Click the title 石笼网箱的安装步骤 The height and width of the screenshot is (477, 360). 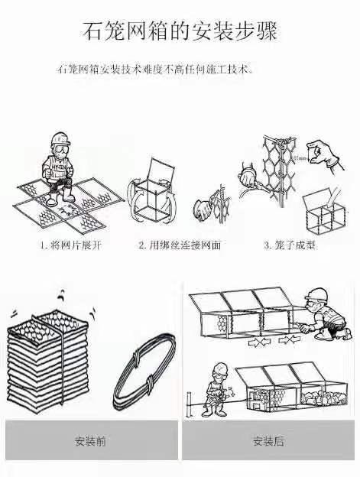(x=180, y=31)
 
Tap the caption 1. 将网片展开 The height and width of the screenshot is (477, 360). (x=70, y=245)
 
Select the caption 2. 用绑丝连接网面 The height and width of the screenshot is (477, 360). (x=180, y=245)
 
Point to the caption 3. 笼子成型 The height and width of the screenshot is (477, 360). (x=290, y=245)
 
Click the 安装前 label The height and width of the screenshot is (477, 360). (x=90, y=441)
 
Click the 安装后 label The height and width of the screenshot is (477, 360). (x=268, y=441)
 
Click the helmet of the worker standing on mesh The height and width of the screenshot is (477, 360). (x=61, y=138)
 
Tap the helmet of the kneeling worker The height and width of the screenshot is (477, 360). (x=317, y=294)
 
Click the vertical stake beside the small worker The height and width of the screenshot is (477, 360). (x=190, y=404)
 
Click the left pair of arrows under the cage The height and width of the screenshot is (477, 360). (x=259, y=342)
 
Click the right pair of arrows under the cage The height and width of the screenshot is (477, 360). (x=290, y=339)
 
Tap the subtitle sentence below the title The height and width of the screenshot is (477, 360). (x=155, y=69)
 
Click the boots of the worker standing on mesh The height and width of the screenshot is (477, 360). (x=61, y=197)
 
